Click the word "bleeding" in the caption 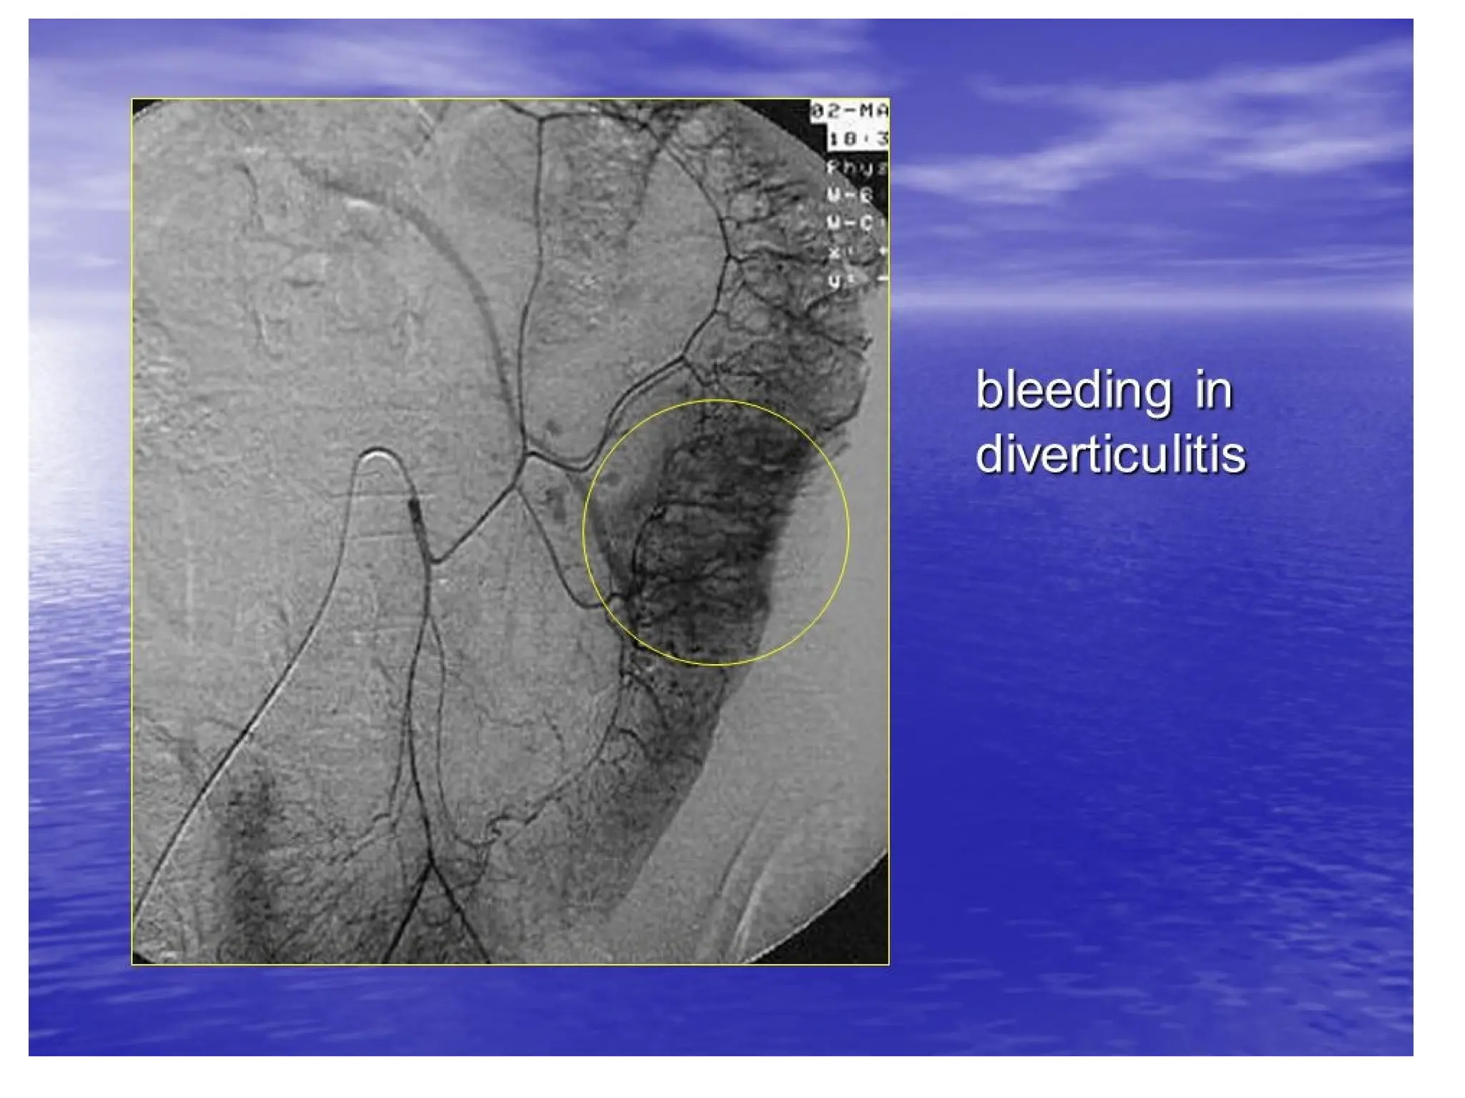point(1074,391)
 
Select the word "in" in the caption point(1213,391)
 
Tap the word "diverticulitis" point(1111,454)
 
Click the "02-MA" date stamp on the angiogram point(850,112)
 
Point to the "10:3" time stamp point(858,138)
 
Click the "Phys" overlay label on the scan point(857,168)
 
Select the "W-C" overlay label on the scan point(851,224)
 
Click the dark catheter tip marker point(416,510)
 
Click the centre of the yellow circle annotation point(715,532)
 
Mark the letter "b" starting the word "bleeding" point(988,391)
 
